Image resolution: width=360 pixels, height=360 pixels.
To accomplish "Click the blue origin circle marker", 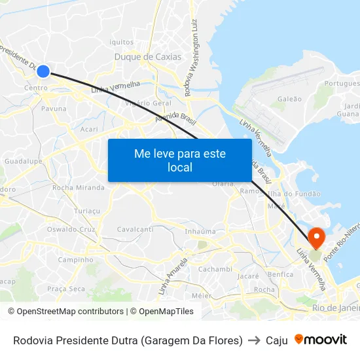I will point(43,71).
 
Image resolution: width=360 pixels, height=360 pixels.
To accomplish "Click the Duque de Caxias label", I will point(148,57).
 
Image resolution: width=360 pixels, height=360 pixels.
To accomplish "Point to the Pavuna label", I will point(54,109).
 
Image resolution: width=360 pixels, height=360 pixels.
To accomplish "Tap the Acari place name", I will point(88,130).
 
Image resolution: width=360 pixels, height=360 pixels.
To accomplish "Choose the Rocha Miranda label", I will point(78,188).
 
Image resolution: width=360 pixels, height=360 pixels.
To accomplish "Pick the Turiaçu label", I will point(87,211).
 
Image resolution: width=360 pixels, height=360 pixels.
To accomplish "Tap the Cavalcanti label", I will point(135,230).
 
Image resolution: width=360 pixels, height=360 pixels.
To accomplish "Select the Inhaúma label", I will point(200,231).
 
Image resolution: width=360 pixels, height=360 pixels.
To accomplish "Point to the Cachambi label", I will point(215,269).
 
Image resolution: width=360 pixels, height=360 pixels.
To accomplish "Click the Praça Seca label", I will point(66,289).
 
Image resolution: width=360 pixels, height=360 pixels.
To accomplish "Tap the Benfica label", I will point(280,274).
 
